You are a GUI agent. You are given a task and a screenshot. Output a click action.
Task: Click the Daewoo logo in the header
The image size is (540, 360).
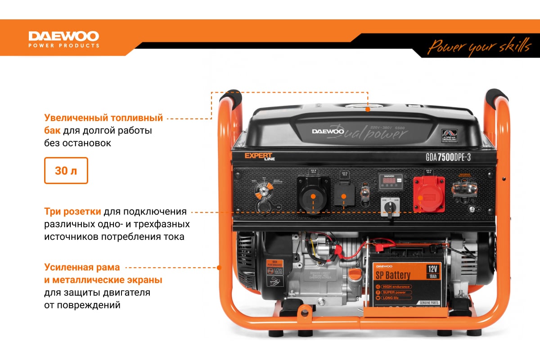(64, 38)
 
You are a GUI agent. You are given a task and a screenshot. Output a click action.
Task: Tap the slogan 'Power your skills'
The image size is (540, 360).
(479, 46)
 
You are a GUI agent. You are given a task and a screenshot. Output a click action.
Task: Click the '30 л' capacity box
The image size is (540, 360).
(66, 171)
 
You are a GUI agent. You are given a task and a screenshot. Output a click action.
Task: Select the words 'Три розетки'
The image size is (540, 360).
(72, 211)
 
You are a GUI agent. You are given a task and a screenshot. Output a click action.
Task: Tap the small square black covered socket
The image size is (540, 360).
(343, 197)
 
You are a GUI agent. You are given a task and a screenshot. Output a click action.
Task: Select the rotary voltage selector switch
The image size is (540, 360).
(388, 207)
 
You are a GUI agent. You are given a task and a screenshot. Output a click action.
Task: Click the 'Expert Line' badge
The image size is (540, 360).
(259, 157)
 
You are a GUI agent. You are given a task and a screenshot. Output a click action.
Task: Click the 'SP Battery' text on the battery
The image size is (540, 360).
(393, 275)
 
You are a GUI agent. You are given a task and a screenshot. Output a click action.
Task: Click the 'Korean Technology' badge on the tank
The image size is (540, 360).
(449, 135)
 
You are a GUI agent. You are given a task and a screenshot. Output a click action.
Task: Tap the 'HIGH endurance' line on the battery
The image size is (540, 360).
(396, 287)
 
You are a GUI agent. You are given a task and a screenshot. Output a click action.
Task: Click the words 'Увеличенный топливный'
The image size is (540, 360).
(103, 118)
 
